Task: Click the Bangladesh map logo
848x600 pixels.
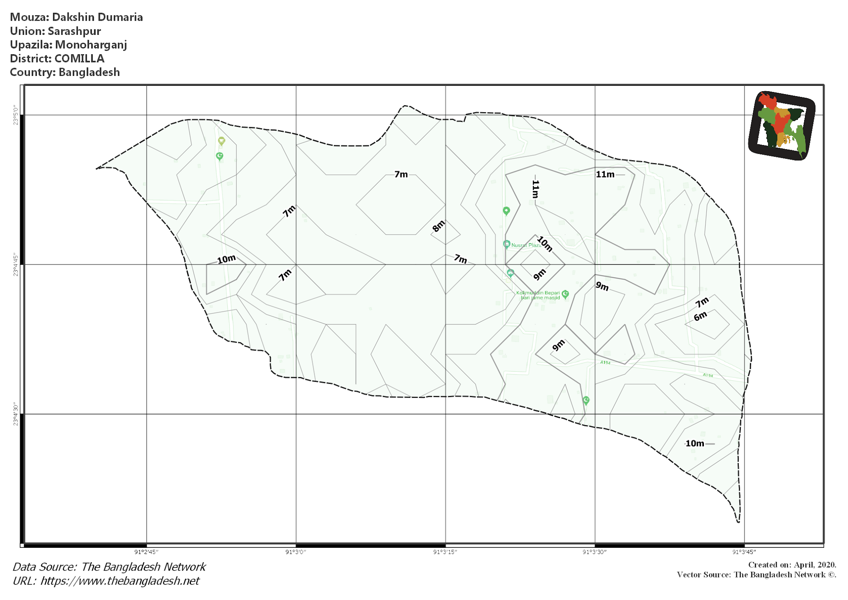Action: (782, 126)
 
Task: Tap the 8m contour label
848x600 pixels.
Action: (438, 226)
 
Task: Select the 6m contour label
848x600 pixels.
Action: (700, 317)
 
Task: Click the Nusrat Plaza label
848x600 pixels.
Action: (526, 245)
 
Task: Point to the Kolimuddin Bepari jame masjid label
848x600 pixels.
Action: (538, 295)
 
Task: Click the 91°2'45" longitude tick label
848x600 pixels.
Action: (146, 552)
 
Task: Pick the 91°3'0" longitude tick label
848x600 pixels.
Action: (296, 552)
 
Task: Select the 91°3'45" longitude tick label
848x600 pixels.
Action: (744, 552)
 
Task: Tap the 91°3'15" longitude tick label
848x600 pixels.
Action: (445, 552)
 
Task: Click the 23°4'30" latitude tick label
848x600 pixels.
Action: (16, 413)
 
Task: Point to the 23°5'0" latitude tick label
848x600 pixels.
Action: (16, 115)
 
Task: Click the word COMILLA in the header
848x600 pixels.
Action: (79, 58)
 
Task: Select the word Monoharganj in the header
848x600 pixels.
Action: (91, 45)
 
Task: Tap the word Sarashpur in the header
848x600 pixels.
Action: (74, 31)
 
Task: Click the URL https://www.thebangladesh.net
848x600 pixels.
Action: (120, 581)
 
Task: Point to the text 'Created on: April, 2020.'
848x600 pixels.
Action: (792, 565)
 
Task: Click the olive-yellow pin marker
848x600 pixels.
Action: (222, 141)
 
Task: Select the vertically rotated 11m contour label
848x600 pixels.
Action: (535, 189)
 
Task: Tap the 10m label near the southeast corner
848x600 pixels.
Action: (695, 443)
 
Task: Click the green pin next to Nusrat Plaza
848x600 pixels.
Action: (506, 244)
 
